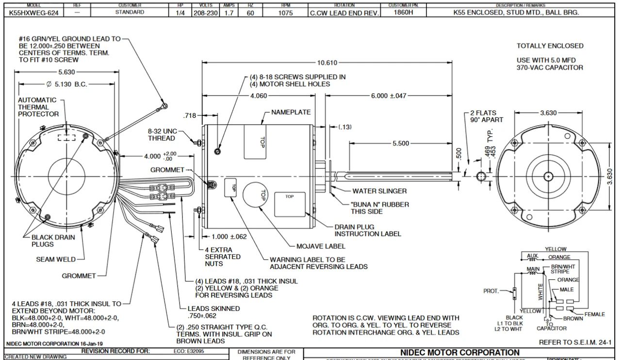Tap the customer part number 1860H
click(401, 13)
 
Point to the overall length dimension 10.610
click(327, 63)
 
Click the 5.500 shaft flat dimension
click(400, 144)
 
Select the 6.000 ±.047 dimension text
click(389, 96)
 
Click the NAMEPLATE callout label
click(291, 112)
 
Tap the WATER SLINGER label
click(379, 191)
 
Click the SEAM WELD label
click(56, 260)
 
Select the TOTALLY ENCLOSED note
click(550, 46)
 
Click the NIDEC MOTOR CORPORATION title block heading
click(459, 352)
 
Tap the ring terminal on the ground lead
click(166, 105)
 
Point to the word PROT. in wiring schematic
click(491, 291)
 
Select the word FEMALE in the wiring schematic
click(594, 314)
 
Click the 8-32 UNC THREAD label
click(162, 134)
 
